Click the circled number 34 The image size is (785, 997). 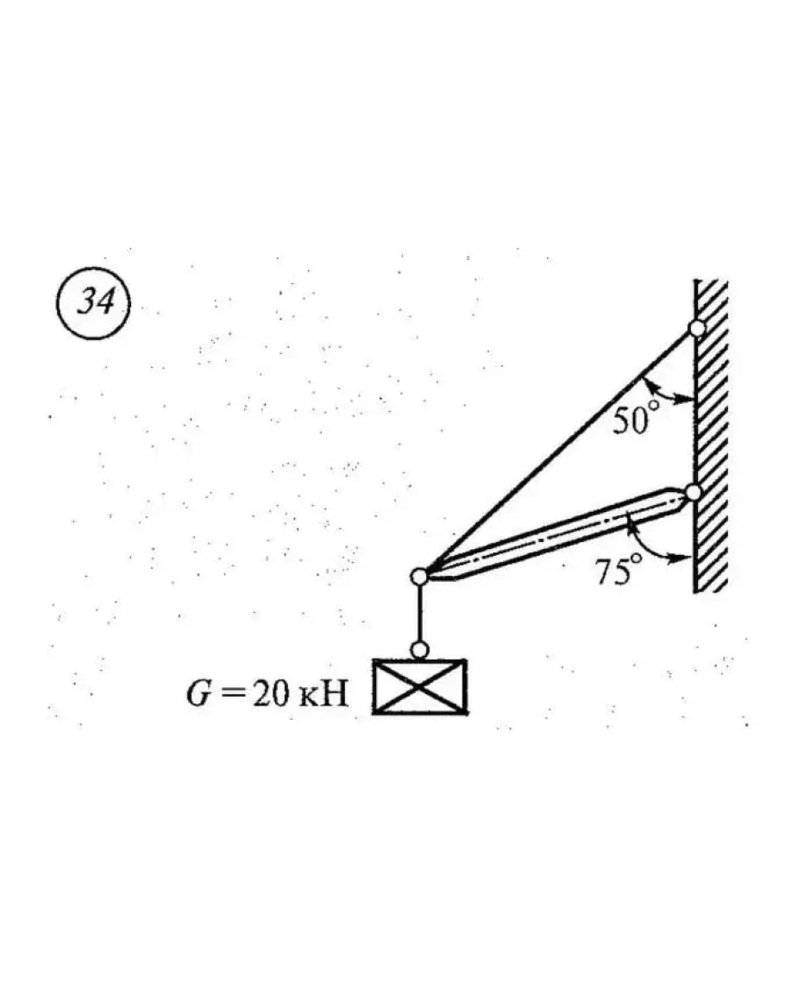94,303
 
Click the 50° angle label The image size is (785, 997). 633,420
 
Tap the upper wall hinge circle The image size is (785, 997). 697,328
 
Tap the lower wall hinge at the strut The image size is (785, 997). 693,492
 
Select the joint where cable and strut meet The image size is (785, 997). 419,577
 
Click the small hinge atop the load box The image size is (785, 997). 419,650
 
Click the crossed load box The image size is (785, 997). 419,687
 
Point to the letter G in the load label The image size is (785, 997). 198,693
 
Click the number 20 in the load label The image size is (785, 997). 272,694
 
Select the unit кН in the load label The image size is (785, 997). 324,694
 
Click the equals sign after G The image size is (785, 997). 231,694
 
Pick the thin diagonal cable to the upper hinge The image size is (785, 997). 558,452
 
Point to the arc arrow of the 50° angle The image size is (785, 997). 663,392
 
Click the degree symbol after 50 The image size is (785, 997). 653,407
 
